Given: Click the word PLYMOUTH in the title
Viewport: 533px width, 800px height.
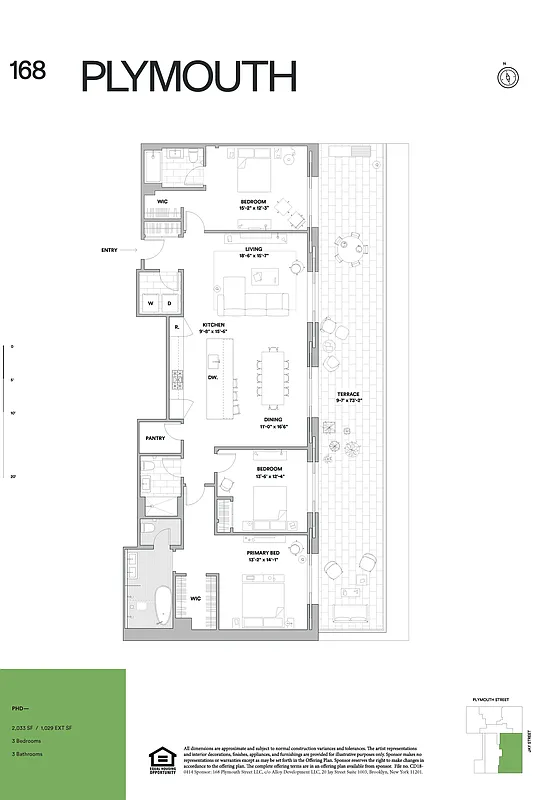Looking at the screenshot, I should click(x=189, y=76).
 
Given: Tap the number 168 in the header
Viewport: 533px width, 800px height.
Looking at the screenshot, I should click(x=28, y=70).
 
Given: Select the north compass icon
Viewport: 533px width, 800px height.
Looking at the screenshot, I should click(x=505, y=76).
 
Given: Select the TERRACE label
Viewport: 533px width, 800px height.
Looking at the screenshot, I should click(x=348, y=394).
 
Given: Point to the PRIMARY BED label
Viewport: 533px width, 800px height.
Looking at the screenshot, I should click(x=262, y=551).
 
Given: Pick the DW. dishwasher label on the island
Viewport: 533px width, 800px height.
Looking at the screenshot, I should click(x=213, y=377).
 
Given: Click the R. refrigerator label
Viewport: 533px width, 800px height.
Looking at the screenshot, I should click(x=176, y=327).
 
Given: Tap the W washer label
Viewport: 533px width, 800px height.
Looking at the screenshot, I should click(x=152, y=302).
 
